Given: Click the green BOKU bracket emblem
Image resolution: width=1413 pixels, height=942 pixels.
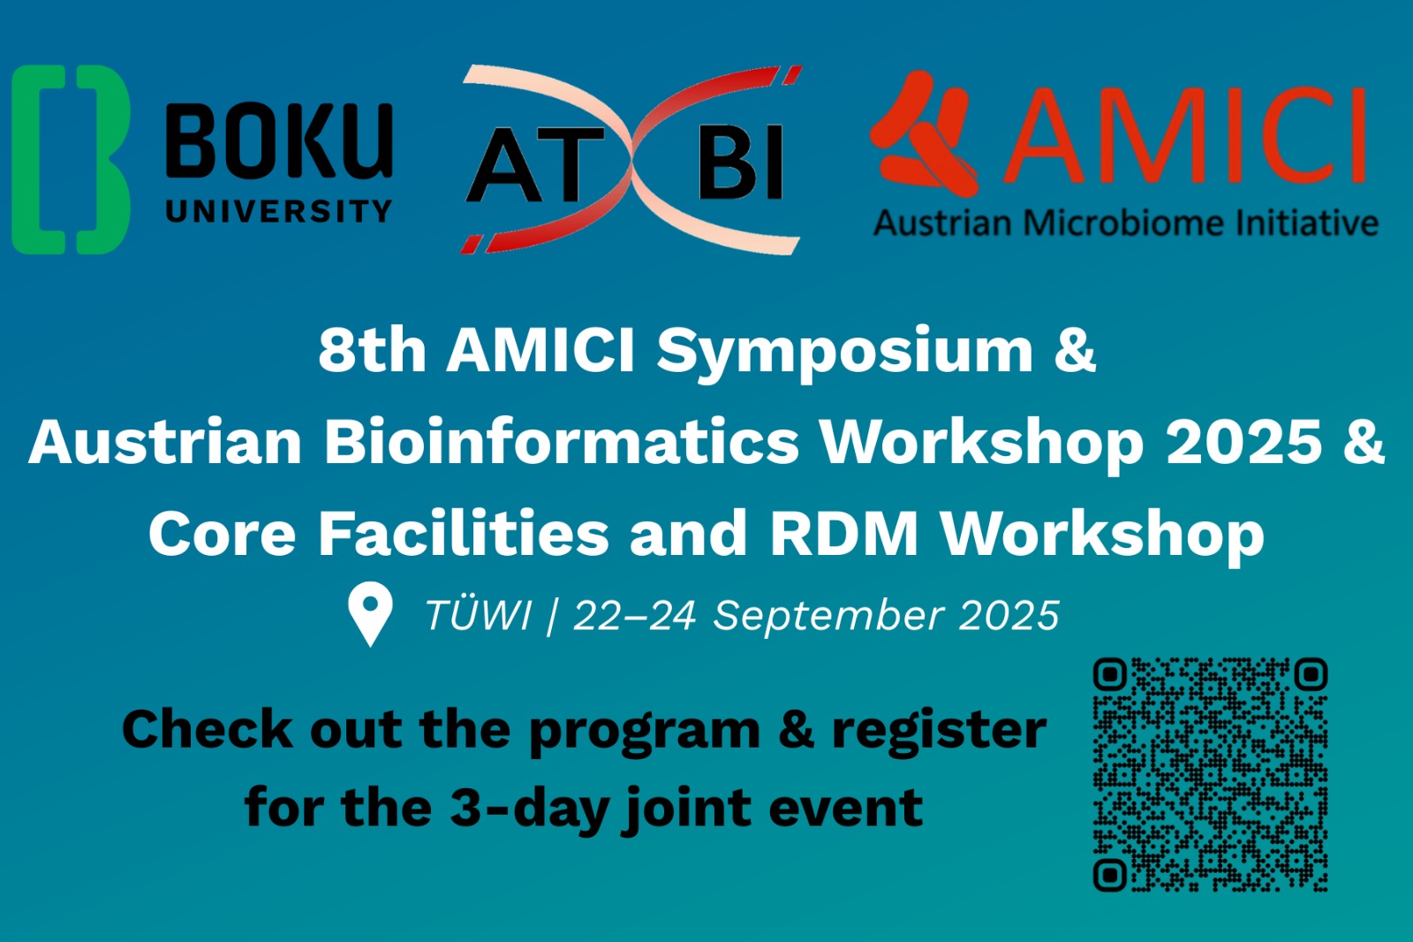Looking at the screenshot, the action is (x=71, y=160).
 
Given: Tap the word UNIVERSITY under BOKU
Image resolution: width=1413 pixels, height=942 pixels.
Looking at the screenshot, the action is (x=279, y=211).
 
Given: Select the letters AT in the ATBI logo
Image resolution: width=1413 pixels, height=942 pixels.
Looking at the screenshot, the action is (x=535, y=163).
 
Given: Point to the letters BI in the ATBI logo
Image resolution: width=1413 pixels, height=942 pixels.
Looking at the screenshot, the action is (x=741, y=163).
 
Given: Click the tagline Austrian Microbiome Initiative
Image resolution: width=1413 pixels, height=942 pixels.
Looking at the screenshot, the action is (x=1125, y=223).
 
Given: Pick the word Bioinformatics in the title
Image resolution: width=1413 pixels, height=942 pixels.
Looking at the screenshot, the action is (x=562, y=441).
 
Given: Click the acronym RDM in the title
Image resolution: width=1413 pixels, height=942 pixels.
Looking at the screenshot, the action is (x=844, y=534).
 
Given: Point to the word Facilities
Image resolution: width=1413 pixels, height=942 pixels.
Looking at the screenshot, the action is (x=464, y=534).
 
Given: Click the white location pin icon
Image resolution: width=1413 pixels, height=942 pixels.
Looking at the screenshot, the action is (x=370, y=613).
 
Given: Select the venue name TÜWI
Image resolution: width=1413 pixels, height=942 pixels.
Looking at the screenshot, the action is (x=478, y=613).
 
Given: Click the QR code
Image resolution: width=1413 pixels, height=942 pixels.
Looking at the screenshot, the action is (x=1211, y=775).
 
